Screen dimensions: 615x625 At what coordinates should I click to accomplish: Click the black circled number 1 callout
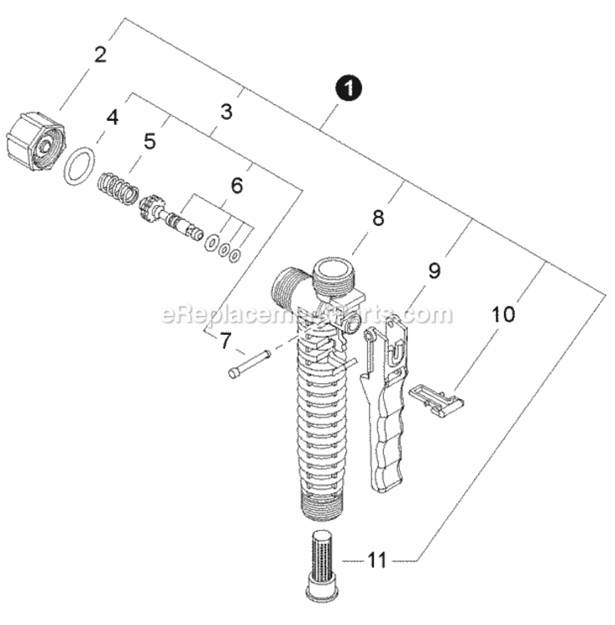pyautogui.click(x=349, y=88)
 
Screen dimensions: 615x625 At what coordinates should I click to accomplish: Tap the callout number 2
pyautogui.click(x=100, y=55)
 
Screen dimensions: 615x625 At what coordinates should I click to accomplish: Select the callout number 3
pyautogui.click(x=226, y=112)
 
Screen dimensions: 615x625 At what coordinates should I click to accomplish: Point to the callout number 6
pyautogui.click(x=237, y=185)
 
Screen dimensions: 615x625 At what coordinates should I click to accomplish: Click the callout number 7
pyautogui.click(x=225, y=341)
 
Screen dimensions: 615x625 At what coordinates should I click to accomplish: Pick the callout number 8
pyautogui.click(x=378, y=218)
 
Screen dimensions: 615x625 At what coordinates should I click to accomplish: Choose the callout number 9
pyautogui.click(x=434, y=271)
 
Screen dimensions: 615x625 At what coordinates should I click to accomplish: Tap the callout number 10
pyautogui.click(x=503, y=314)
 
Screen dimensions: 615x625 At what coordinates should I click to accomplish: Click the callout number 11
pyautogui.click(x=376, y=561)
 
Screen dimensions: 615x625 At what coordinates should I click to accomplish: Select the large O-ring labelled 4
pyautogui.click(x=79, y=166)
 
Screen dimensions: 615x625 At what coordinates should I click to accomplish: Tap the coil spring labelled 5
pyautogui.click(x=118, y=188)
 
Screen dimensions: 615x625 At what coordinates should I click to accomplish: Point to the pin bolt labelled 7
pyautogui.click(x=249, y=364)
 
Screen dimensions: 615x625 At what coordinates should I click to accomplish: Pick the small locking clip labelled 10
pyautogui.click(x=436, y=401)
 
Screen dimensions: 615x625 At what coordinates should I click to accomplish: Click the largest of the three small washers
pyautogui.click(x=211, y=242)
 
